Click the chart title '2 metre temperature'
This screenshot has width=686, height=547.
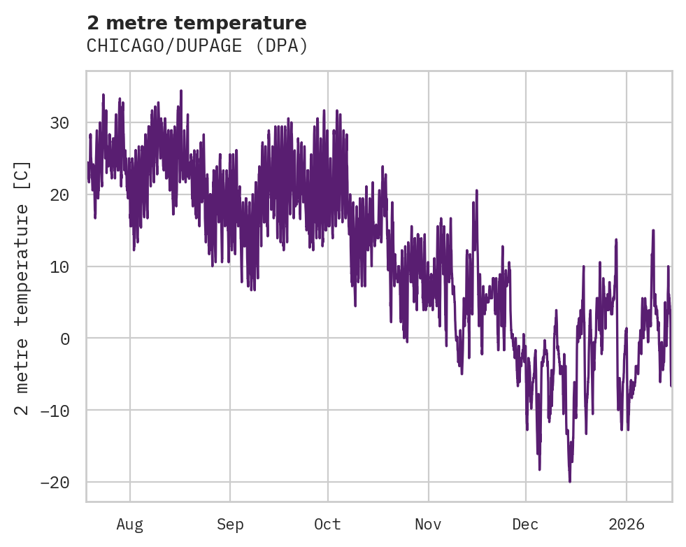click(196, 23)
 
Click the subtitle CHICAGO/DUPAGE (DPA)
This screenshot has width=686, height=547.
click(196, 46)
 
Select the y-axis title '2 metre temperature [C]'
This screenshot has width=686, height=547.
click(22, 287)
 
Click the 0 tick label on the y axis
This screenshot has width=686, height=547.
click(65, 339)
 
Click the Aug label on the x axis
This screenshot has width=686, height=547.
click(130, 524)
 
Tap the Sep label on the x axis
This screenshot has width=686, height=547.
click(230, 524)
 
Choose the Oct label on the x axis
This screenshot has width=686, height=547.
click(327, 524)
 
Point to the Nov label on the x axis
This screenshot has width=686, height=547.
click(428, 524)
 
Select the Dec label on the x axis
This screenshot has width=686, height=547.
click(525, 524)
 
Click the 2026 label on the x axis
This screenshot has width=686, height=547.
click(627, 524)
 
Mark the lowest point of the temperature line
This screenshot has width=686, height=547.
click(570, 482)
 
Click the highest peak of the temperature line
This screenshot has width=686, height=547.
click(180, 90)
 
